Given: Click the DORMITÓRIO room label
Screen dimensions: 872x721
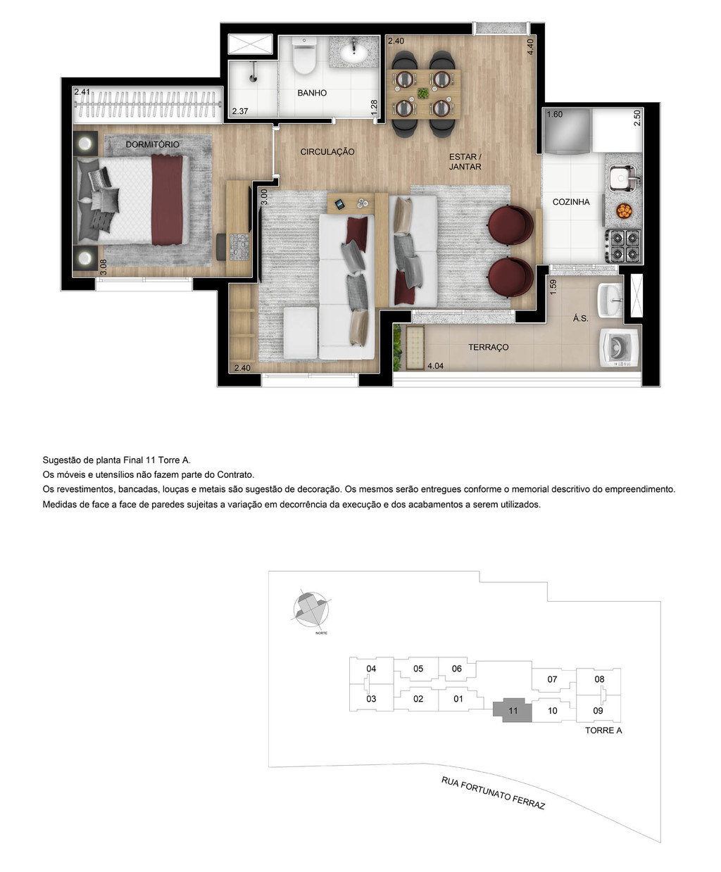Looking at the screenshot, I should tap(152, 144).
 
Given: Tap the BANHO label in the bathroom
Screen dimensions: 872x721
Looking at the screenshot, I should tap(312, 93).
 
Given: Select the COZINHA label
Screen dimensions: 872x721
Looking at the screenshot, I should tap(571, 202).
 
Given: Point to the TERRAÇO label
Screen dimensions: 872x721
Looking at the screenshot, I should tap(489, 348).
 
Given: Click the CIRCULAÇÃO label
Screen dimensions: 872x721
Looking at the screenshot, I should tap(327, 152).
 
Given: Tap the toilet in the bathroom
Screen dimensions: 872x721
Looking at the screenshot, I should tap(305, 57).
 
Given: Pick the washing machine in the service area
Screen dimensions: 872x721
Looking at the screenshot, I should tap(620, 348).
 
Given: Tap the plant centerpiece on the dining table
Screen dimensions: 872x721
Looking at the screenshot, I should tap(422, 93).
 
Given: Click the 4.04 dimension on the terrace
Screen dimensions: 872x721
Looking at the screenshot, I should tap(436, 365).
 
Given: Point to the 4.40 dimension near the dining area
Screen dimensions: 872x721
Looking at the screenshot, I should tap(530, 46).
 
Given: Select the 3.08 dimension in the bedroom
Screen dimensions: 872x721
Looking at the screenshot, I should tap(104, 267).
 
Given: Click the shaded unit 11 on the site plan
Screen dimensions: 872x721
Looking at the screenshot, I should tap(513, 711).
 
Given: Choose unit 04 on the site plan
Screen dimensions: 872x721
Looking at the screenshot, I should tap(371, 669).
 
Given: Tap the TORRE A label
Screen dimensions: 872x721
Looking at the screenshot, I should tap(603, 731).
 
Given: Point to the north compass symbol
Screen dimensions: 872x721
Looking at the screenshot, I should tap(310, 608).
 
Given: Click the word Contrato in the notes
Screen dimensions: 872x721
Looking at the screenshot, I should tap(232, 475).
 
